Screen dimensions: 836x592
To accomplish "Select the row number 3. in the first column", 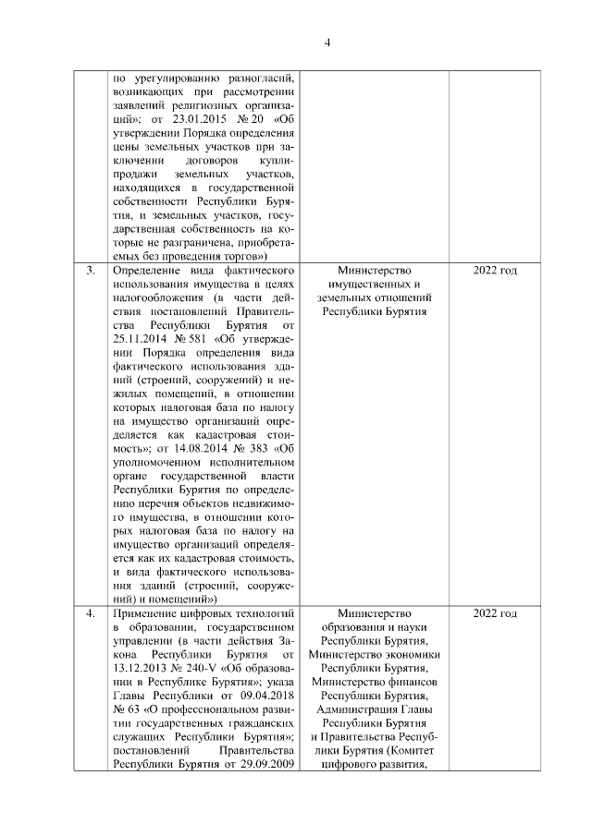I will (x=91, y=270).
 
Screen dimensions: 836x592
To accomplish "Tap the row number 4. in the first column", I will (x=91, y=612).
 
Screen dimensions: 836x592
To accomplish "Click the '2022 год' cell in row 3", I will (x=495, y=270).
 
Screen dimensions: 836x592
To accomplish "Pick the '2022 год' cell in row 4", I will (x=495, y=612).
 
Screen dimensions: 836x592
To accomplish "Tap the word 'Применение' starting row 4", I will (x=147, y=612).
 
